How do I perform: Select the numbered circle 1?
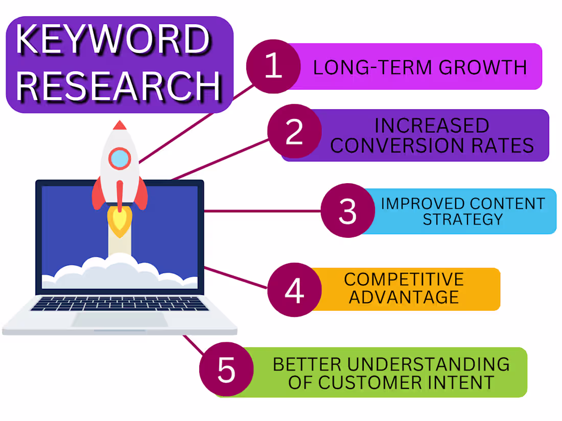tap(273, 67)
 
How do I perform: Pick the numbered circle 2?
tap(294, 132)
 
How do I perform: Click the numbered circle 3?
tap(347, 210)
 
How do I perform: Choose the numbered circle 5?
tap(226, 369)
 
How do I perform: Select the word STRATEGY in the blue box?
tap(463, 219)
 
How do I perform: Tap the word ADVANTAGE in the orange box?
tap(404, 297)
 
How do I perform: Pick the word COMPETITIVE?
tap(404, 279)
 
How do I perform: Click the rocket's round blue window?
tap(120, 158)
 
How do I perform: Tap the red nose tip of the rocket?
tap(120, 125)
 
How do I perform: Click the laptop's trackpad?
tap(120, 319)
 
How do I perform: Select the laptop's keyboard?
tap(120, 303)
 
